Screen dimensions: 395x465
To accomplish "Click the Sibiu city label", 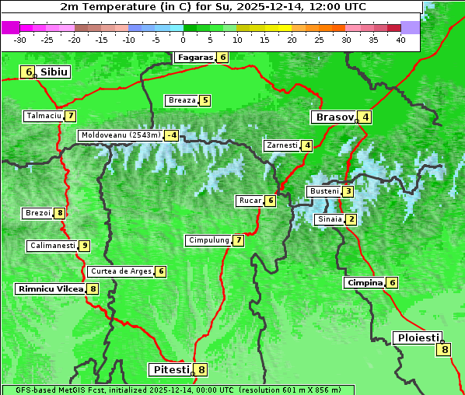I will point(54,72).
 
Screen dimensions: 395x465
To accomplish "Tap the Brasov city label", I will point(334,117).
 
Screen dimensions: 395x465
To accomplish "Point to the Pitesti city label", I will point(170,369).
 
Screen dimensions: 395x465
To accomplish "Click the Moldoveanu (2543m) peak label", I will point(120,135).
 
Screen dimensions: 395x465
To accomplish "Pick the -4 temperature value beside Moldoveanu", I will point(171,135).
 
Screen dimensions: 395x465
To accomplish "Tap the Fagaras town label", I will point(194,57).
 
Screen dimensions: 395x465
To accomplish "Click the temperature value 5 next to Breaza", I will point(205,100).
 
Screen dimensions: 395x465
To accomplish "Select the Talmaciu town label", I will point(44,116).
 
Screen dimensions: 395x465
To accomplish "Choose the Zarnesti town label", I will point(281,145).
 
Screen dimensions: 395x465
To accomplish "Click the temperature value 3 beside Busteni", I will point(348,191).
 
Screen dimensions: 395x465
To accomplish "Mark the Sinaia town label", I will point(329,219).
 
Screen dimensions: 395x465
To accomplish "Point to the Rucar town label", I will point(250,201).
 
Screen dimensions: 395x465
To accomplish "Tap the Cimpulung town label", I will point(208,240).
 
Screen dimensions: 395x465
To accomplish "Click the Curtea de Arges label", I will point(120,271).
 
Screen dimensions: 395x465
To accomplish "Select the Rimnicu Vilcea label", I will point(50,288).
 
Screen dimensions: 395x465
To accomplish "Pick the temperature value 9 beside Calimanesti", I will point(84,246).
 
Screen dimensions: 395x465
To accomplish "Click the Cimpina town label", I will point(364,283).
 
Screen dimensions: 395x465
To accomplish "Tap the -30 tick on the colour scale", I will point(20,39).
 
